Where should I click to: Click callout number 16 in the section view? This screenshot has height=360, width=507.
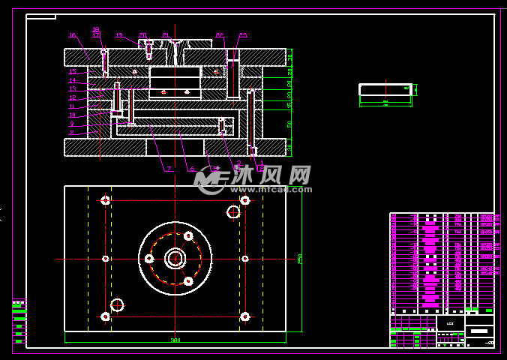[72, 35]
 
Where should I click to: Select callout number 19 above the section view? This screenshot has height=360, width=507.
[96, 29]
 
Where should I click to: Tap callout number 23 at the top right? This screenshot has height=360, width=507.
[242, 35]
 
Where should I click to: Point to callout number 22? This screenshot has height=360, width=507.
[219, 35]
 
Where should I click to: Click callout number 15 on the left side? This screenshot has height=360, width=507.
[73, 71]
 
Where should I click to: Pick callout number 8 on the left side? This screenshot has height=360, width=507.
[73, 132]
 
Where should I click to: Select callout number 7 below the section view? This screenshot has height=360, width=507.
[169, 169]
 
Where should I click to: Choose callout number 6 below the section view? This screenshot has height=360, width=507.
[192, 169]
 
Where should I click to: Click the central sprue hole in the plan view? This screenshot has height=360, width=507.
[175, 258]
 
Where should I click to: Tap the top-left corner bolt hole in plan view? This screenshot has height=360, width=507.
[106, 200]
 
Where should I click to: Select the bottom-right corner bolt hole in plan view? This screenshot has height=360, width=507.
[244, 316]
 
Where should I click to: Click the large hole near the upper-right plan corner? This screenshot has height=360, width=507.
[233, 211]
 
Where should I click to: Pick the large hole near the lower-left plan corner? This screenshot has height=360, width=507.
[117, 304]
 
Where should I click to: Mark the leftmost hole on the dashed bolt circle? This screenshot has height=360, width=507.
[149, 259]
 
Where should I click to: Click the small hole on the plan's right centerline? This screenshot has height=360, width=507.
[245, 259]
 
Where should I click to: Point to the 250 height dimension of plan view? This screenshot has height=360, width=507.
[299, 259]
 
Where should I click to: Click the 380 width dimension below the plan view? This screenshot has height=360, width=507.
[175, 340]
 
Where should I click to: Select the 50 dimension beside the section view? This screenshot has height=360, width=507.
[289, 124]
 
